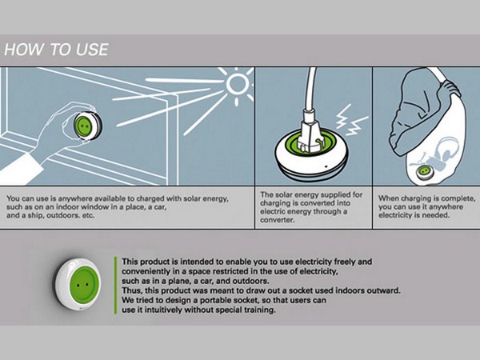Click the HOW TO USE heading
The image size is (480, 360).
(56, 50)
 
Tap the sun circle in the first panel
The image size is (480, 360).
(238, 82)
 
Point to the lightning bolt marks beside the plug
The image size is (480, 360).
(351, 120)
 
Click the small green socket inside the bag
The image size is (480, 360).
(425, 171)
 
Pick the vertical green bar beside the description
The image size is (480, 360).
(115, 285)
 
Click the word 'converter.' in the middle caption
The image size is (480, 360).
(277, 220)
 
